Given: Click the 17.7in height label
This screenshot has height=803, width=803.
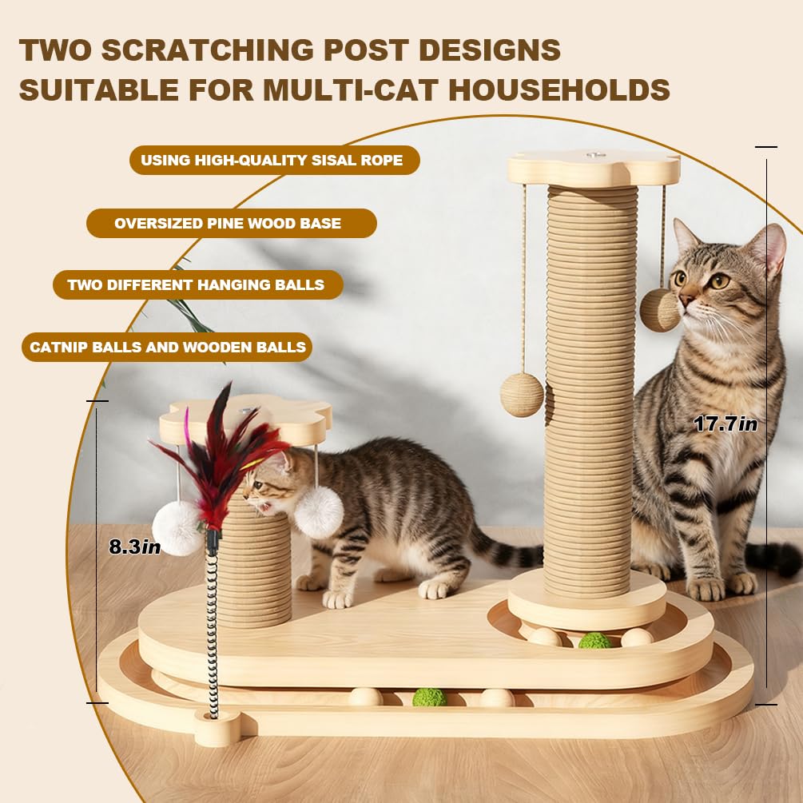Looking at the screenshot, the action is (x=725, y=424).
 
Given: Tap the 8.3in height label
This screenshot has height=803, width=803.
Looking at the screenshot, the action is (x=135, y=547).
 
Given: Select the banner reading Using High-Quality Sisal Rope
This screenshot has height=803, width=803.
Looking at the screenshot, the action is (x=275, y=161).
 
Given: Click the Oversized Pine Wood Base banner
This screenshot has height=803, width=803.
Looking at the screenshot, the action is (x=232, y=223).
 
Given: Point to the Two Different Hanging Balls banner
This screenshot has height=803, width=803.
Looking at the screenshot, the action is (x=198, y=284).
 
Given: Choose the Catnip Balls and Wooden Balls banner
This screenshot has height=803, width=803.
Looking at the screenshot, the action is (x=167, y=348).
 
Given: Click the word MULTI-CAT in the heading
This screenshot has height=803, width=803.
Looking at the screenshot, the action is (x=352, y=89).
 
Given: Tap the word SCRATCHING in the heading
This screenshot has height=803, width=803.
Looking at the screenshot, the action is (x=208, y=50).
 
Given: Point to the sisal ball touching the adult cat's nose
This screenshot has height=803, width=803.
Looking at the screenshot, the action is (x=659, y=310).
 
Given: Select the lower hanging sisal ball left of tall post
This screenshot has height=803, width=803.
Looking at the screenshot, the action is (x=522, y=395).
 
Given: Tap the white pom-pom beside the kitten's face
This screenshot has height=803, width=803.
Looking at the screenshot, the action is (x=319, y=513).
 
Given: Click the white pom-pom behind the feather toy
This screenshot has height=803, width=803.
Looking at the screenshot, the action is (x=177, y=528).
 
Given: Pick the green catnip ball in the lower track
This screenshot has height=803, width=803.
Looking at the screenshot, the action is (x=429, y=697).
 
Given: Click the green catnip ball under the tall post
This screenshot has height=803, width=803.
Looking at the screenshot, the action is (x=594, y=640).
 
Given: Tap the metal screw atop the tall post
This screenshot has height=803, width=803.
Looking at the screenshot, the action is (x=594, y=154).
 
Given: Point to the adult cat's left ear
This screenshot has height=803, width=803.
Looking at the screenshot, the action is (x=686, y=235).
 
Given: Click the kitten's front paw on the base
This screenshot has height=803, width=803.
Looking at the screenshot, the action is (x=337, y=599).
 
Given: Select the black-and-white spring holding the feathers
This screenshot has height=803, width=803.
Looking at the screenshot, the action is (x=213, y=625).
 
